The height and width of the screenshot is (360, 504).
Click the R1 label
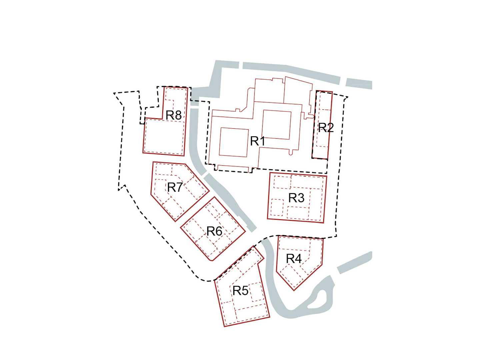tap(258, 141)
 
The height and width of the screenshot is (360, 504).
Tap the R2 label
tap(326, 128)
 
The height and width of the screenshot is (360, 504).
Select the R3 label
tap(296, 198)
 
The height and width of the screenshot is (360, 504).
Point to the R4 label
tap(294, 259)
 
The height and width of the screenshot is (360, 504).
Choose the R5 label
tap(240, 290)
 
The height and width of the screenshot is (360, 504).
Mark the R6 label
tap(214, 231)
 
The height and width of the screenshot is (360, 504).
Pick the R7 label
tap(175, 187)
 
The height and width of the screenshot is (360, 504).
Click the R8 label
tap(173, 115)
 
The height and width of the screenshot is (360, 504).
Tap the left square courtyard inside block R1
tap(234, 142)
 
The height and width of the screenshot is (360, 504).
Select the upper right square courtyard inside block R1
tap(277, 125)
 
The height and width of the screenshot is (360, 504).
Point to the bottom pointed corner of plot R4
tap(294, 290)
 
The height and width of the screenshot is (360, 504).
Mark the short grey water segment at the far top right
tap(359, 83)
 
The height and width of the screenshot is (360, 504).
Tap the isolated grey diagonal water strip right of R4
tap(354, 263)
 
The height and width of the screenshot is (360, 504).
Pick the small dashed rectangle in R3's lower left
tap(277, 207)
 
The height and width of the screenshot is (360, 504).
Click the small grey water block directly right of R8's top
tap(195, 103)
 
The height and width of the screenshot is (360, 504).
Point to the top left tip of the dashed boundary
tap(114, 93)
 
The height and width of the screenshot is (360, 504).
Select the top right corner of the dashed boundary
tap(348, 97)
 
